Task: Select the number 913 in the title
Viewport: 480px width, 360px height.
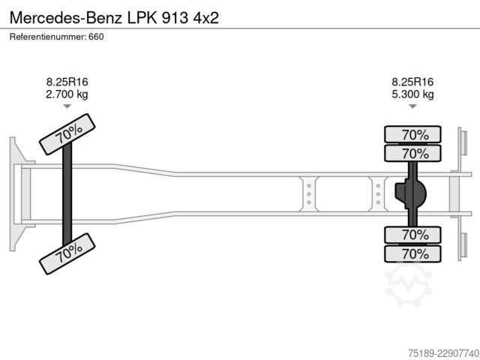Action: (175, 18)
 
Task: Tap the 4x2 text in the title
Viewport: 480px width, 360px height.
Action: (205, 18)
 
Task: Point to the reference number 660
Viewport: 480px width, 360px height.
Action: (96, 37)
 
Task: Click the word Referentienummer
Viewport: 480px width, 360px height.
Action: (47, 37)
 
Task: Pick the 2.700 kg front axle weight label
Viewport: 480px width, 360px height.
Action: (67, 94)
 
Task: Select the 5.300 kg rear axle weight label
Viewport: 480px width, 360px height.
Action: (412, 94)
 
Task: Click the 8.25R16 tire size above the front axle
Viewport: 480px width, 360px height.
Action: (67, 82)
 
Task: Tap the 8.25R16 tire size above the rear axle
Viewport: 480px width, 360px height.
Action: (412, 82)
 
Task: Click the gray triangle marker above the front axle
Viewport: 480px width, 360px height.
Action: (67, 106)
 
